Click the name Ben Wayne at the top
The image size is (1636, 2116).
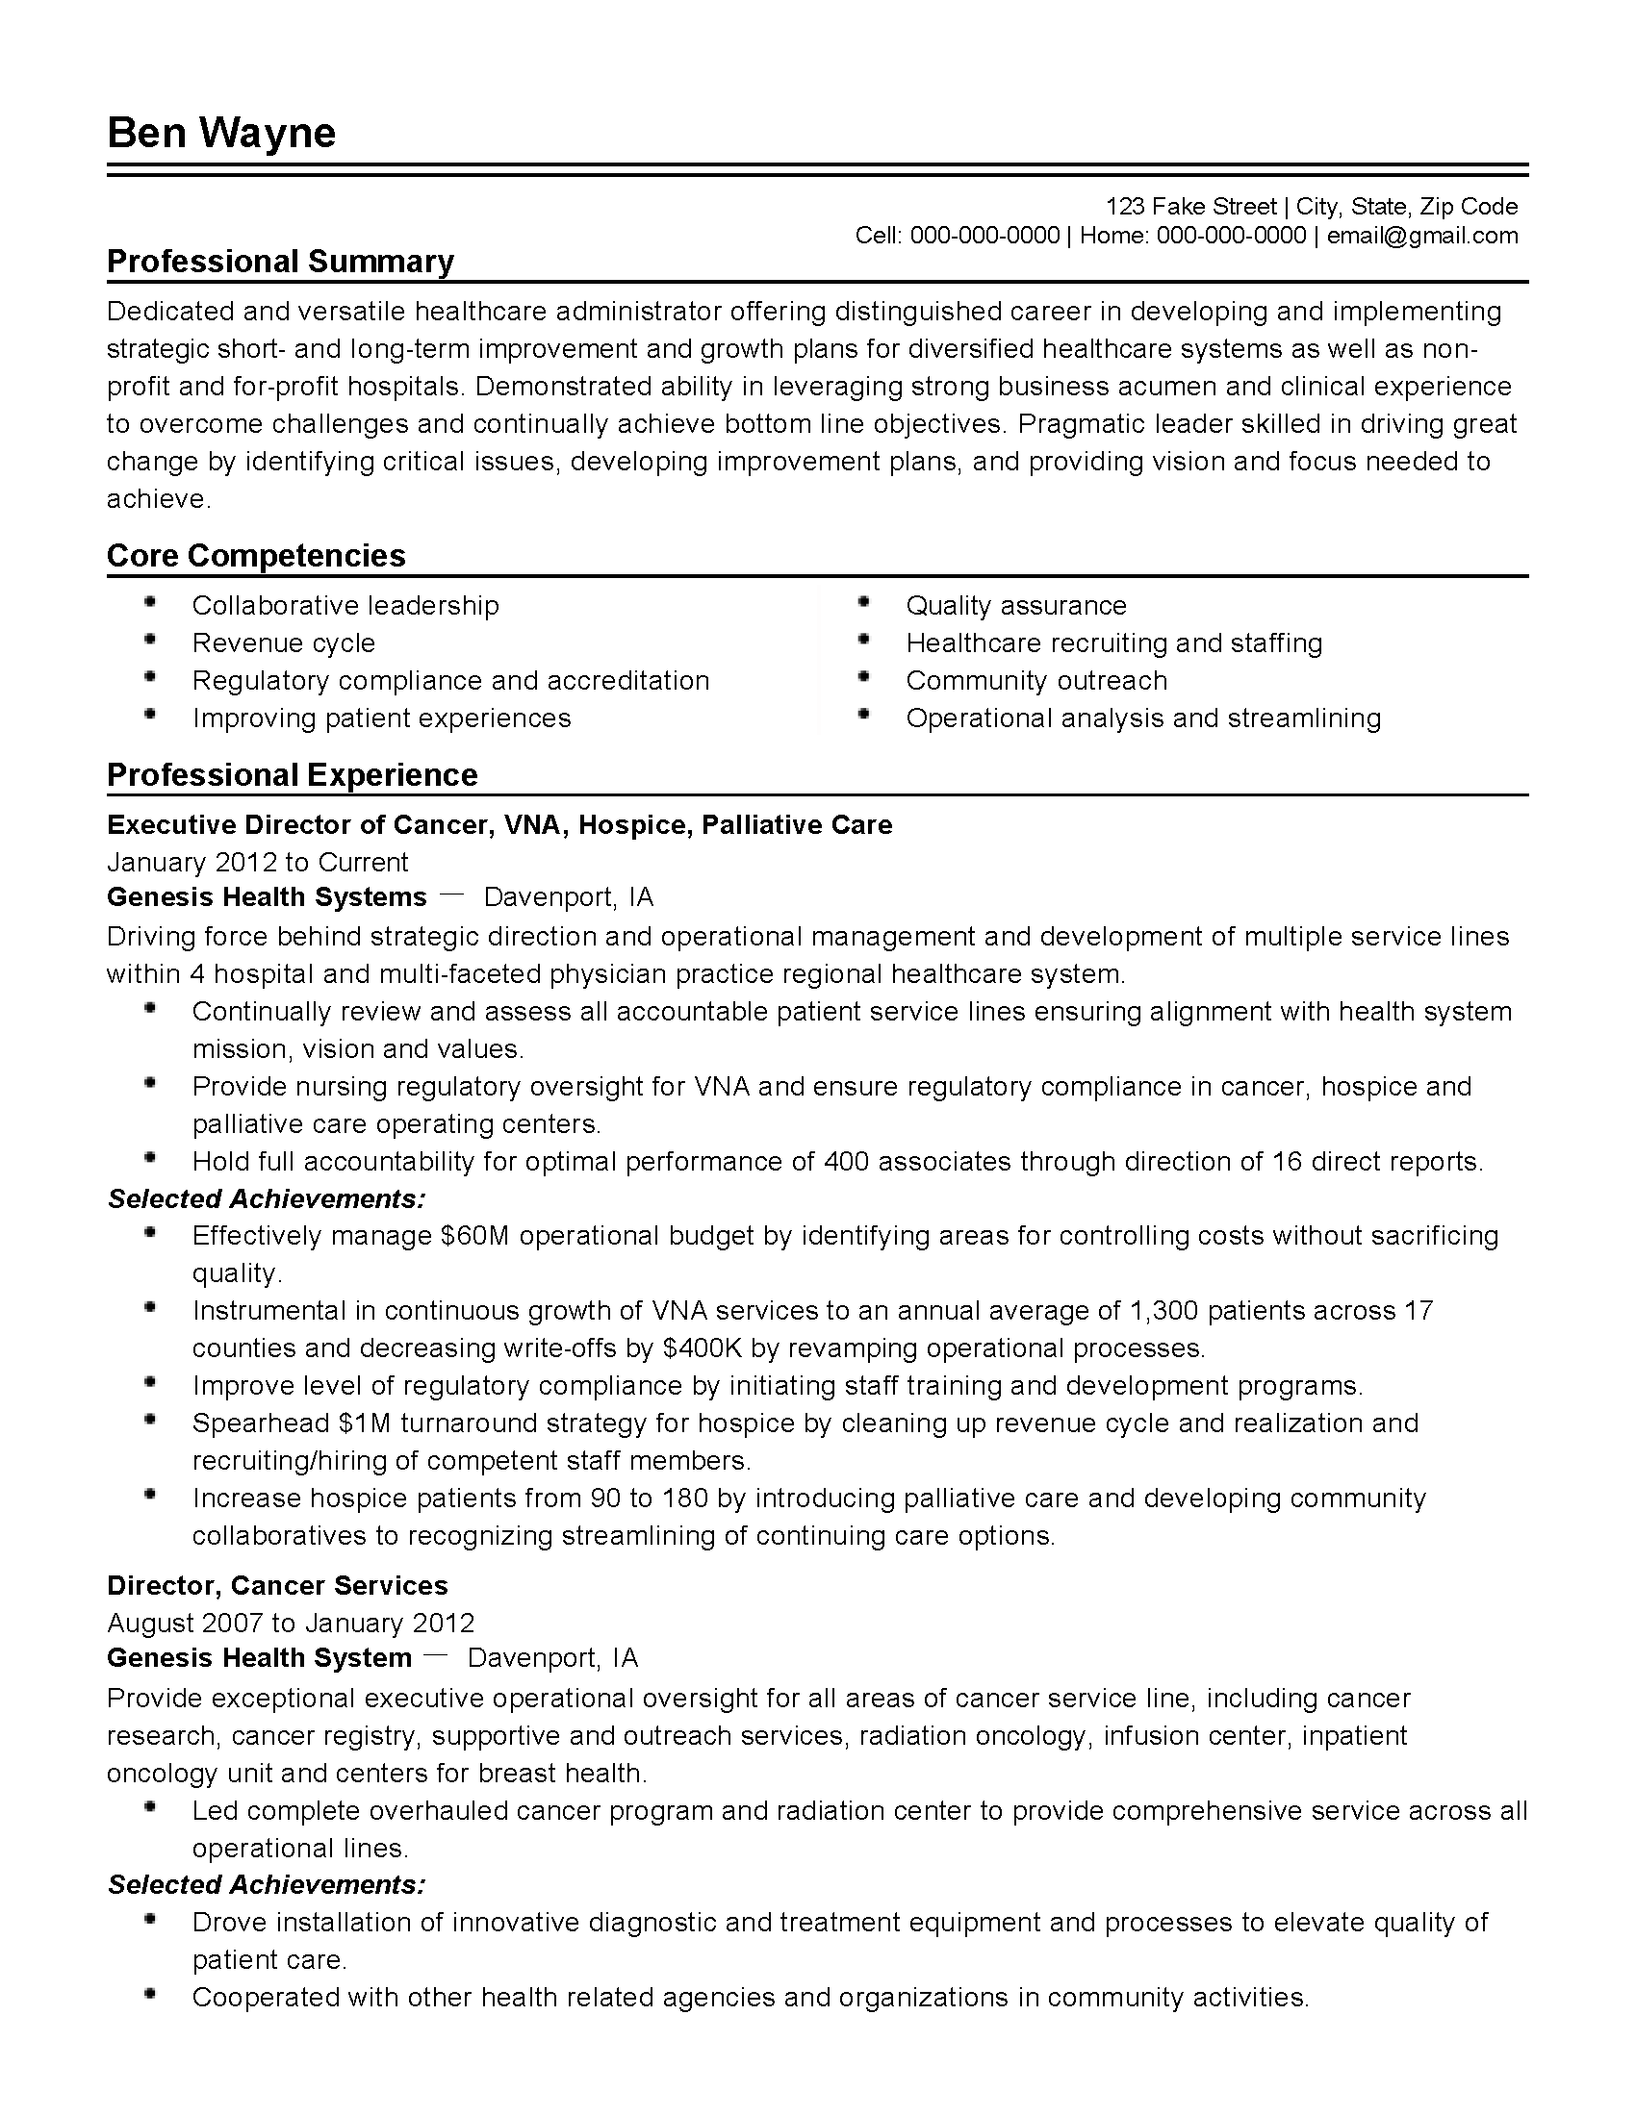point(221,133)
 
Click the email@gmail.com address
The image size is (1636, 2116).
point(1421,236)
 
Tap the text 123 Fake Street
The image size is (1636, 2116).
point(1191,207)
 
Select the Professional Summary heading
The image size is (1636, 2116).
point(280,262)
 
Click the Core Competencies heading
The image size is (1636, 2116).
point(256,555)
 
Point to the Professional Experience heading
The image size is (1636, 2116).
point(292,775)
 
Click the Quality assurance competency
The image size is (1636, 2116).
point(1015,606)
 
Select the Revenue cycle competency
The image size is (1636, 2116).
point(283,643)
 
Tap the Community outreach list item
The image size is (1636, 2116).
point(1036,681)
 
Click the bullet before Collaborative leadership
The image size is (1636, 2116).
point(149,603)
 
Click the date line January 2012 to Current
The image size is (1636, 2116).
point(257,863)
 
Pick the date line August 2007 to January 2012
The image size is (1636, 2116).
point(291,1623)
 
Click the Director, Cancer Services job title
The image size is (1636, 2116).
point(277,1585)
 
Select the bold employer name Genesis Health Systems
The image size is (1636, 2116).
point(267,897)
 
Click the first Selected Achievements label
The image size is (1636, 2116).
point(267,1198)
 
